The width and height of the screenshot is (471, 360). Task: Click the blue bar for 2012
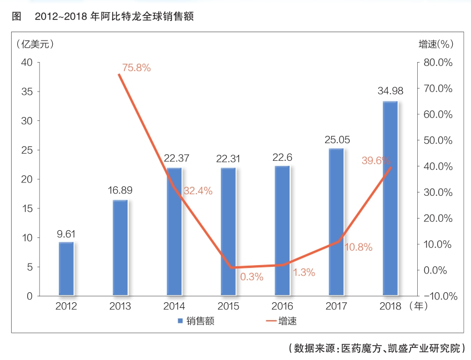66,268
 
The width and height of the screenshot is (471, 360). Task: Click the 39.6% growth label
376,160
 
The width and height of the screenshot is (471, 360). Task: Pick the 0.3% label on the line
251,276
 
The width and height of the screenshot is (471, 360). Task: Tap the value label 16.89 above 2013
120,190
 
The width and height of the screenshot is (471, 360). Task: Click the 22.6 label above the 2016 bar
282,157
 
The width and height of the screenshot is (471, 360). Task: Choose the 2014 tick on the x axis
174,306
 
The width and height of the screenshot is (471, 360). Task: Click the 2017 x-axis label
337,306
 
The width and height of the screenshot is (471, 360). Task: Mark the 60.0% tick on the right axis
438,114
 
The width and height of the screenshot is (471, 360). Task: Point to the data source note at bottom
377,348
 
